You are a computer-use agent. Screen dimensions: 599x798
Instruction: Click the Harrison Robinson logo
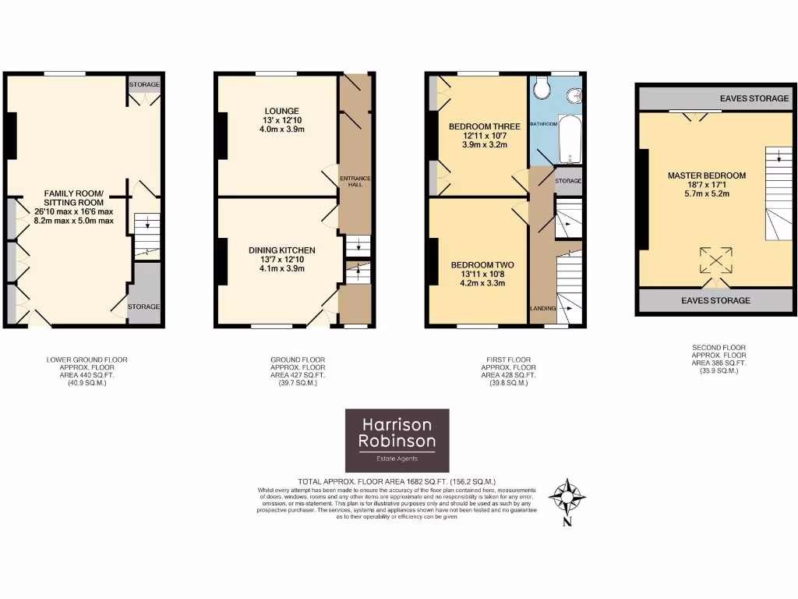pos(397,440)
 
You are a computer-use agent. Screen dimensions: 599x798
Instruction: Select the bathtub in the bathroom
pos(570,140)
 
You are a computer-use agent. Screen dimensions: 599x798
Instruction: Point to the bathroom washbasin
pos(575,95)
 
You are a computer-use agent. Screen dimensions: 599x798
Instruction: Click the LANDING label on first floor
pos(542,308)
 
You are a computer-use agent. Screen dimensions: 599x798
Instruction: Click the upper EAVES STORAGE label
pos(715,98)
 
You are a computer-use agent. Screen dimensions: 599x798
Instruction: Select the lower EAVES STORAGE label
pos(715,300)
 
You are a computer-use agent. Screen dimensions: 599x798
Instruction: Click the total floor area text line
pos(397,481)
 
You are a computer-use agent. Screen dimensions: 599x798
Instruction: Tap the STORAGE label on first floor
pos(568,181)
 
